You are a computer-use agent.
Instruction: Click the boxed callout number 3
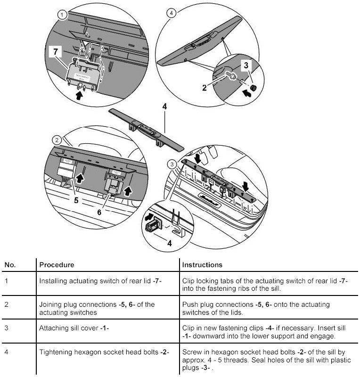[246, 65]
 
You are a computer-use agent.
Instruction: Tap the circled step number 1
[61, 15]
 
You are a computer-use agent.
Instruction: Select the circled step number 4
[171, 13]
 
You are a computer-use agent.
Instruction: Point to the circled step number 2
[57, 140]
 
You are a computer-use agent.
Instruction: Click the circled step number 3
[172, 163]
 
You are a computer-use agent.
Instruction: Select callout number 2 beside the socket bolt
[205, 87]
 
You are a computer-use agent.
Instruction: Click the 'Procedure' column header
[57, 265]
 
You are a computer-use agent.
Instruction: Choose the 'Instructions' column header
[202, 265]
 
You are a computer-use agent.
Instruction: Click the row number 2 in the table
[7, 304]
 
